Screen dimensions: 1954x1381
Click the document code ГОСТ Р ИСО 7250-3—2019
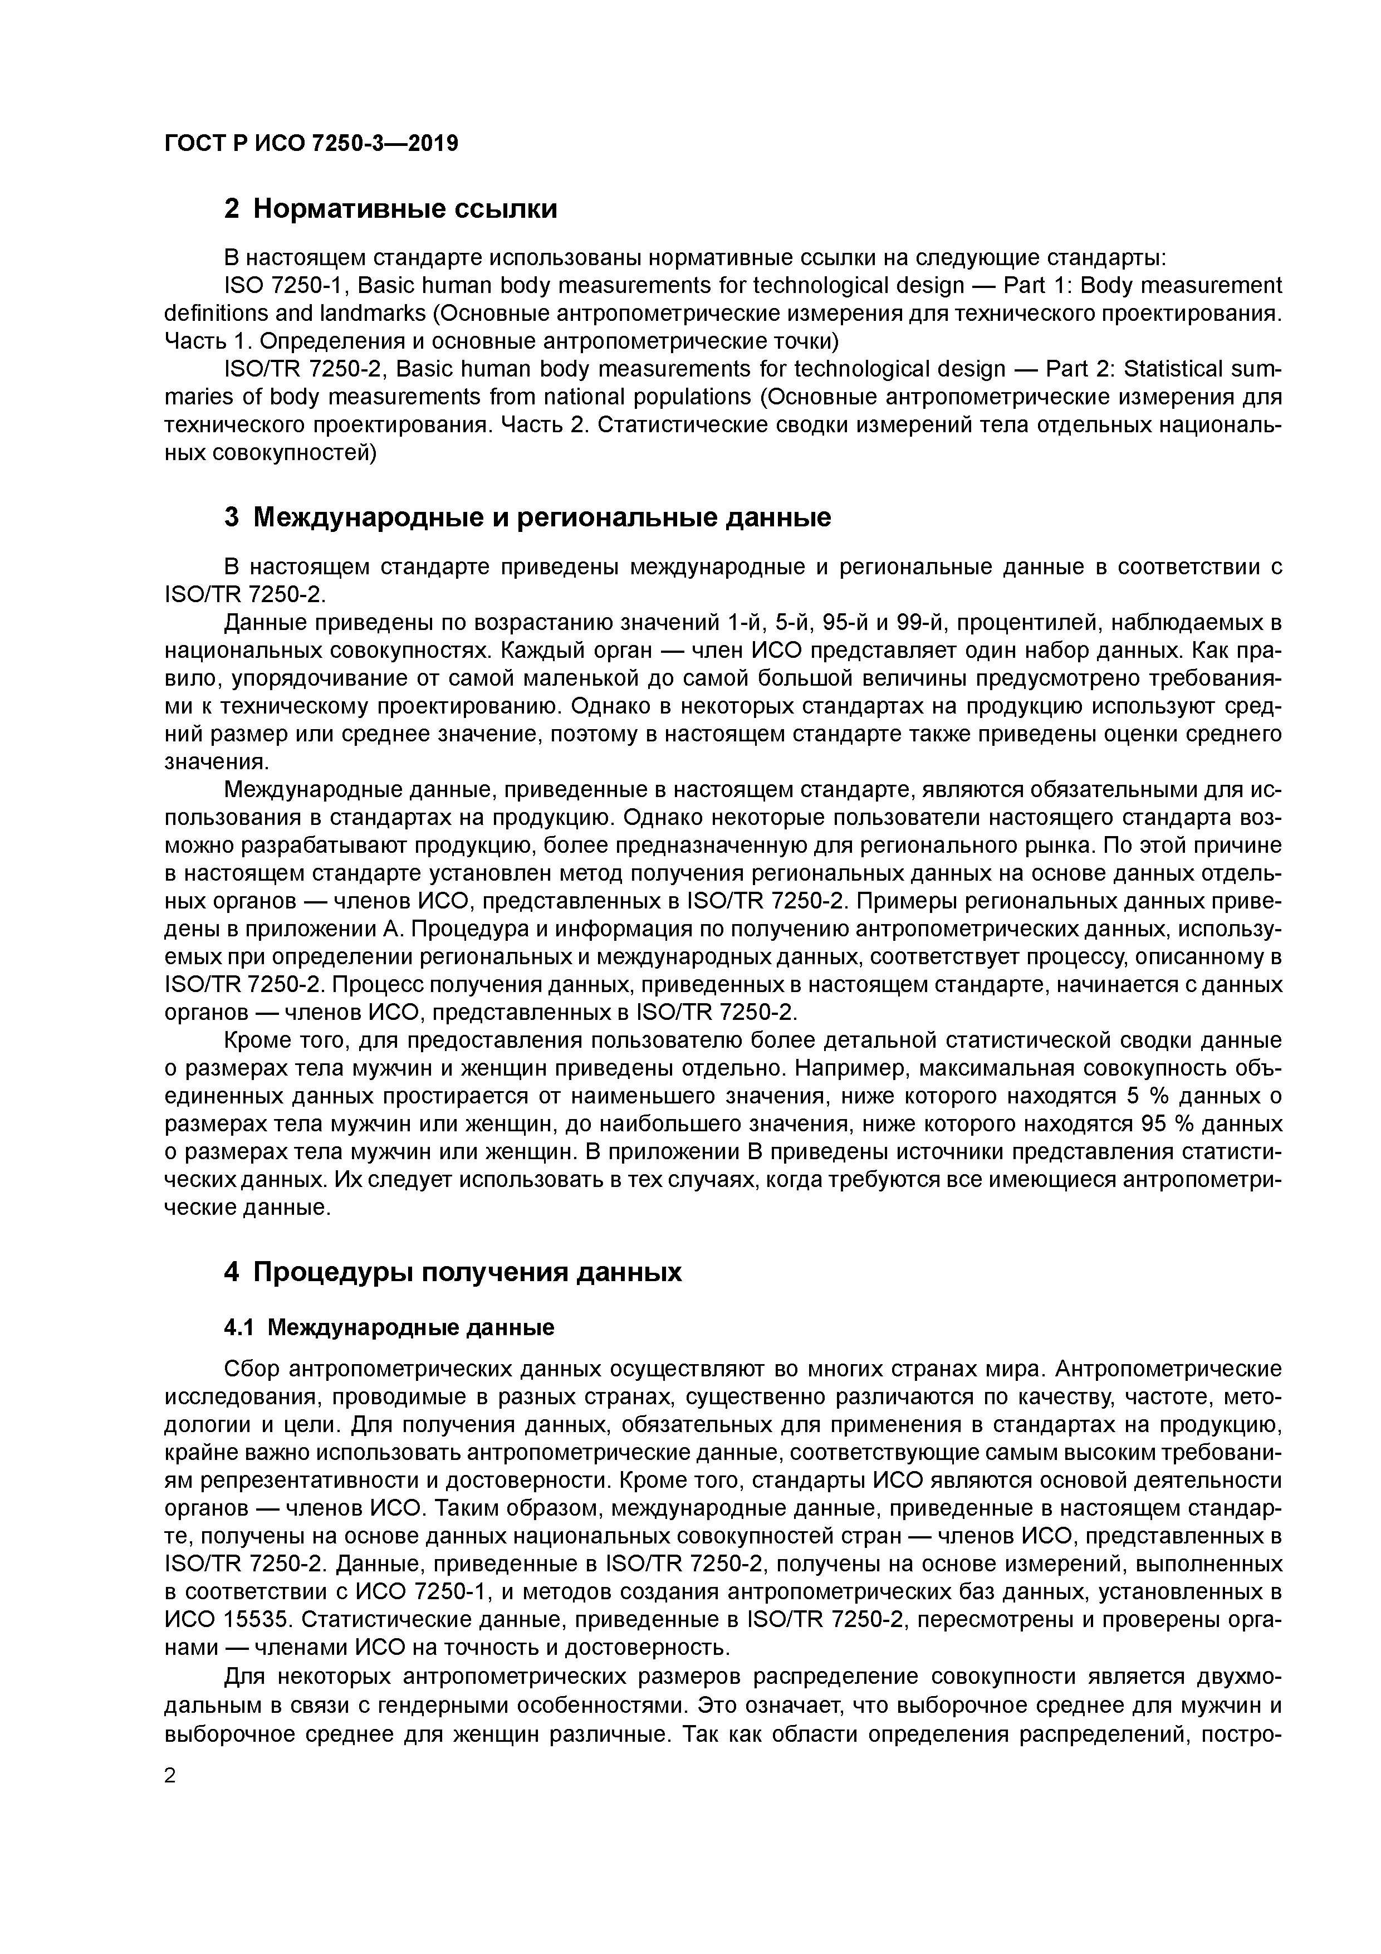point(311,144)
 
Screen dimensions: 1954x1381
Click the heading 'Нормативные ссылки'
point(405,208)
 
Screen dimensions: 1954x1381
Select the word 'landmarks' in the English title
point(372,313)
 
